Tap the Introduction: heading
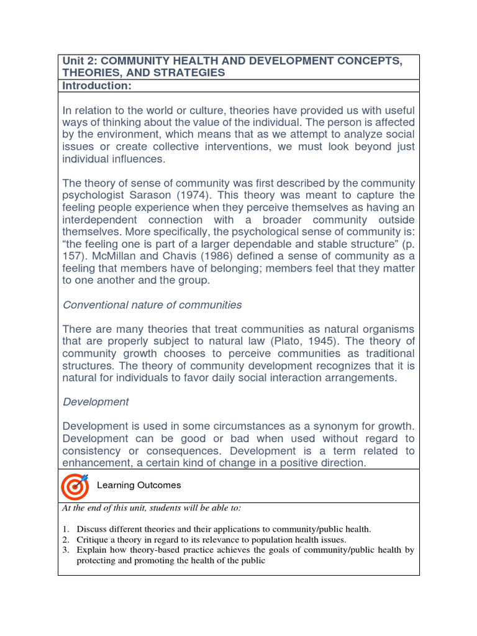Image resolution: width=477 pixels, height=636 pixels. [97, 86]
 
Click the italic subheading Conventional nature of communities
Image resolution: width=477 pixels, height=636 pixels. [152, 305]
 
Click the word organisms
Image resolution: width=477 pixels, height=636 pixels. [388, 329]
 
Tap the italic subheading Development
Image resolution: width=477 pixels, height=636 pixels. [96, 402]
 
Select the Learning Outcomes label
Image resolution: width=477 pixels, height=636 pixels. [139, 485]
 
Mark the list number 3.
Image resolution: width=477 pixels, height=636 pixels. [65, 550]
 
